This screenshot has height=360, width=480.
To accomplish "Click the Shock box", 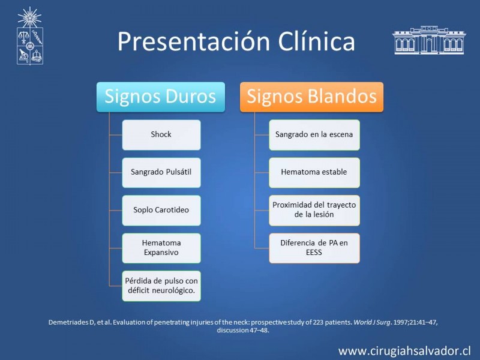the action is coord(161,134).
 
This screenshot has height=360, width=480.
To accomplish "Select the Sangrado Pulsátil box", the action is coord(161,172).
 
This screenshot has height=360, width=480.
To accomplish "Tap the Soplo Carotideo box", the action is coord(161,211).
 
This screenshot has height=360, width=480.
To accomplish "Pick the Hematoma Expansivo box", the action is coord(161,248).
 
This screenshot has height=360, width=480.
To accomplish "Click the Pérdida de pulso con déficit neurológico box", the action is coord(161,286).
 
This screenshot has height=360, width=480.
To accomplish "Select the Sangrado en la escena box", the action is coord(314,134).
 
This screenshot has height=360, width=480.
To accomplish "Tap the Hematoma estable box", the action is coord(314,172).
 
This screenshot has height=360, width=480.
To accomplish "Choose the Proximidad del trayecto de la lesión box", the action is coord(314,211).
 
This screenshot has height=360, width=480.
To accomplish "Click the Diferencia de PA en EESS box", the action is coord(314,248).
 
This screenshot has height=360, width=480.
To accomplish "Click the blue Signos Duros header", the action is coord(161,97).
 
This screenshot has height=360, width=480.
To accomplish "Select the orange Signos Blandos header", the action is coord(311,97).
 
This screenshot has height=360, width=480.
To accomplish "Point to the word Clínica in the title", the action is coord(316,41).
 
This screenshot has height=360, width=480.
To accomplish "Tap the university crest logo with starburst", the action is coord(29,36).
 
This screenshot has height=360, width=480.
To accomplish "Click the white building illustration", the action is coord(429,40).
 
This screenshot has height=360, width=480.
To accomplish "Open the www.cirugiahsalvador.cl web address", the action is coord(404,351).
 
